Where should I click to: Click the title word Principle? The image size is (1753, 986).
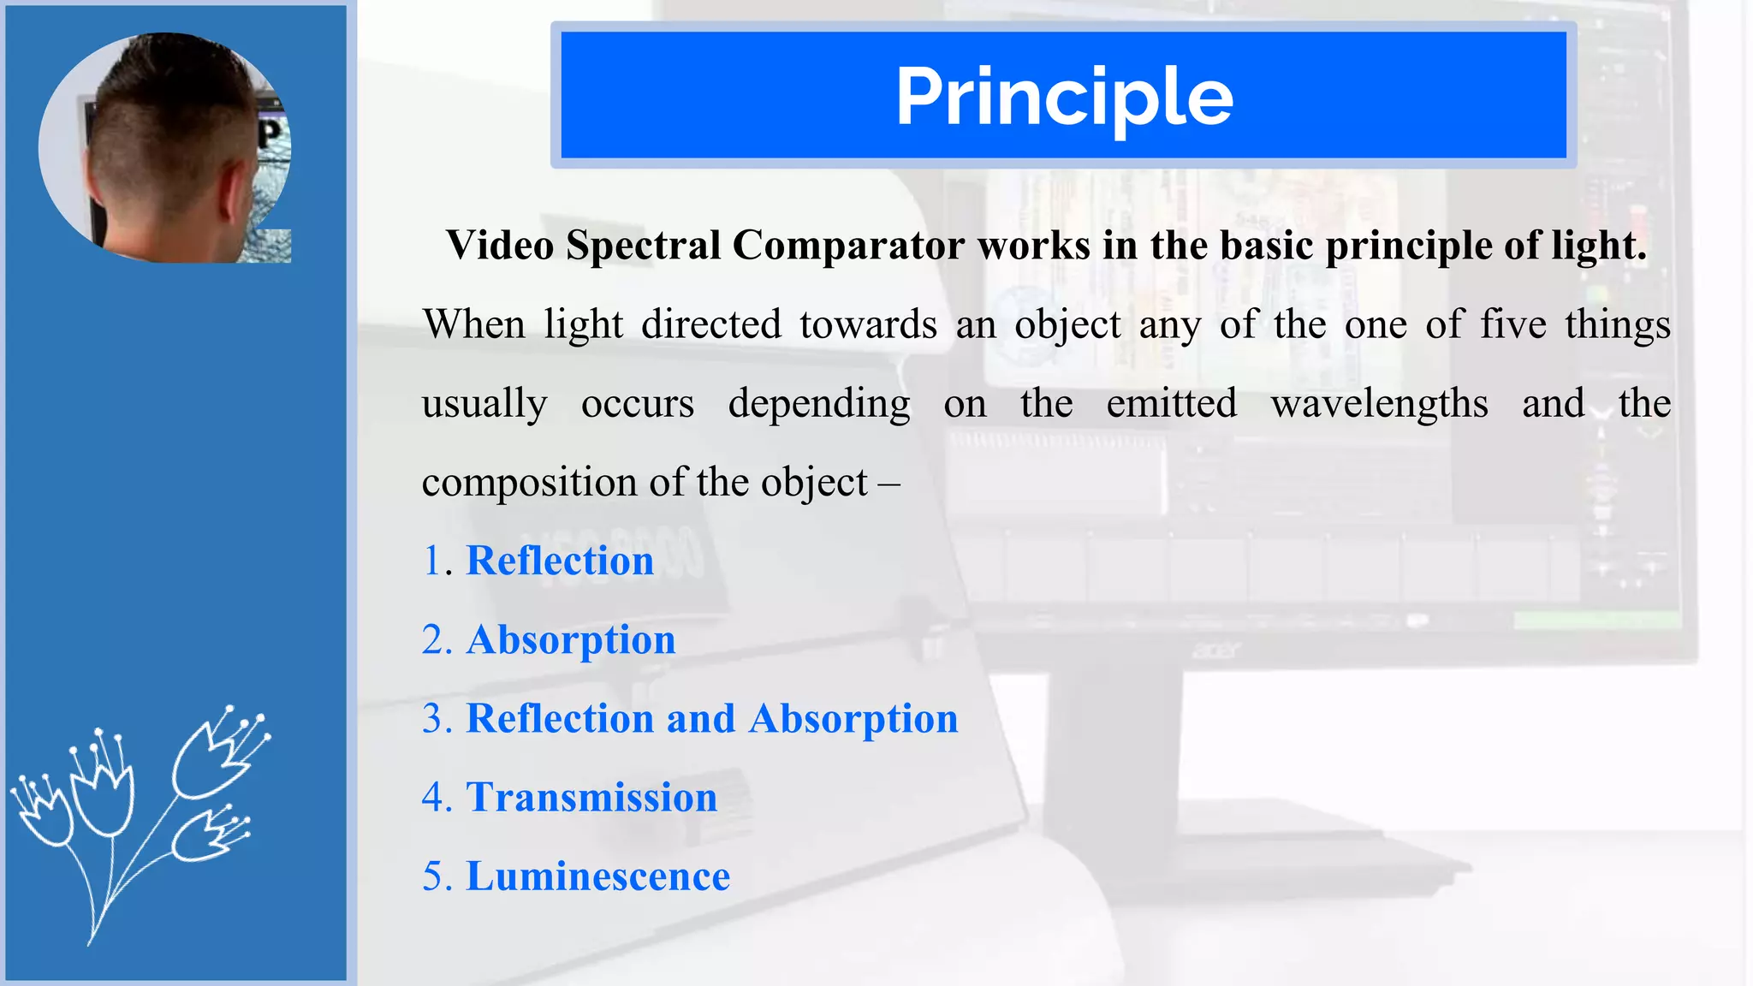(x=1064, y=98)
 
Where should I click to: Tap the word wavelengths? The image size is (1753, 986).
(x=1379, y=404)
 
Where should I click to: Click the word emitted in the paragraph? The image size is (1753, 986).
(x=1171, y=403)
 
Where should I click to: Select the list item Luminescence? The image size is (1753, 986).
(x=597, y=876)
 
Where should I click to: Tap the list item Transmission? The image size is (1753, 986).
(x=591, y=798)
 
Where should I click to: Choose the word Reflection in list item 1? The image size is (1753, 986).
(x=560, y=561)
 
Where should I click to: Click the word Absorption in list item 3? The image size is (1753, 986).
(x=853, y=719)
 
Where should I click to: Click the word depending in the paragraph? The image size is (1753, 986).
(x=819, y=404)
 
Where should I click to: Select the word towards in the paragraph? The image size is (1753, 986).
(x=868, y=324)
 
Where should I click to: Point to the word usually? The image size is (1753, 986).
(x=484, y=404)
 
